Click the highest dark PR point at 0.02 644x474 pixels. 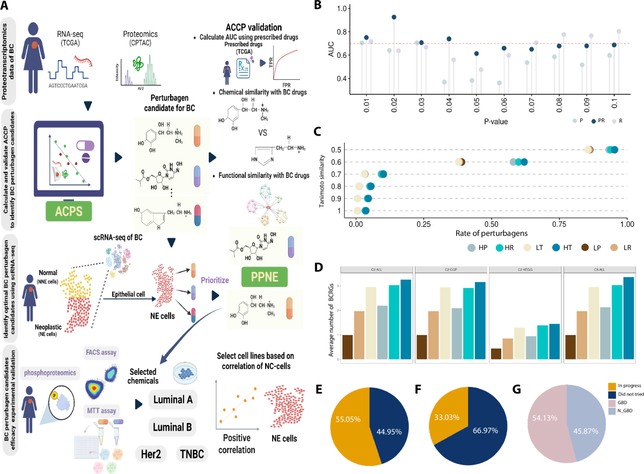[394, 17]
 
